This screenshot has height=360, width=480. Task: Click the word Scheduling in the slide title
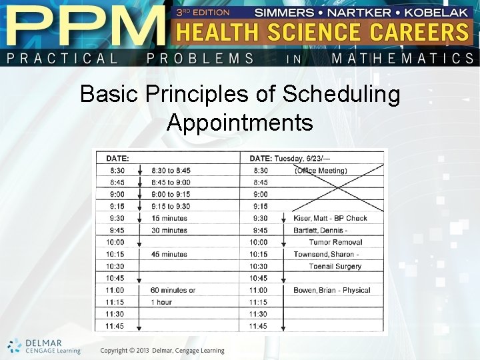341,95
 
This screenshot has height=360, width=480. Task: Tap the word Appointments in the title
240,122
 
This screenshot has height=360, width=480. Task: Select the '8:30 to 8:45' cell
171,170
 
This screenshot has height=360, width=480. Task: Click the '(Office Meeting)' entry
321,170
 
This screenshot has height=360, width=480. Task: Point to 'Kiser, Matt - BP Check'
330,218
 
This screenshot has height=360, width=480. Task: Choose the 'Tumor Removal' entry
335,242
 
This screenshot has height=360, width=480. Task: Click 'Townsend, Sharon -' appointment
326,254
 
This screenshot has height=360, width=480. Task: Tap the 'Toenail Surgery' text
335,266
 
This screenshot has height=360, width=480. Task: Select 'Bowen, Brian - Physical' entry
331,290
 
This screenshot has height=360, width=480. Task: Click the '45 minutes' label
169,254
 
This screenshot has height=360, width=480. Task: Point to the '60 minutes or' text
173,290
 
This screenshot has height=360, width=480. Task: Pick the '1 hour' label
162,302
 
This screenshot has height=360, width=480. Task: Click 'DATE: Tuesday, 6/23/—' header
294,158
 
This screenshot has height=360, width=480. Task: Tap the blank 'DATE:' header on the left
117,158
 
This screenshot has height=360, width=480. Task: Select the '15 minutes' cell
169,218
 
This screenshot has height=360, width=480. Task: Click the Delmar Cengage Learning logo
44,347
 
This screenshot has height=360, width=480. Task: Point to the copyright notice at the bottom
162,351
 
